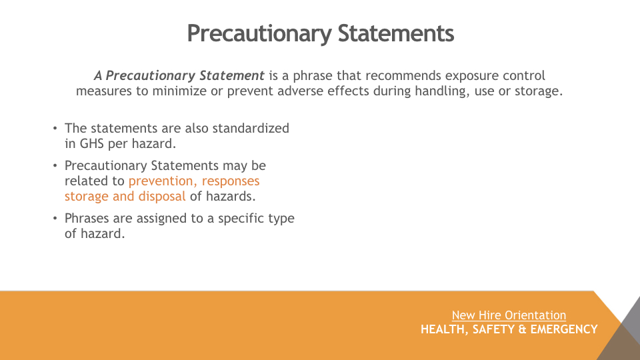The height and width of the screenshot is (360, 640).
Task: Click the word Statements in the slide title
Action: pyautogui.click(x=395, y=33)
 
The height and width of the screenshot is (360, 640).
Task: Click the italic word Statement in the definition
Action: pyautogui.click(x=232, y=75)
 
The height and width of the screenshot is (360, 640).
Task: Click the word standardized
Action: pyautogui.click(x=251, y=128)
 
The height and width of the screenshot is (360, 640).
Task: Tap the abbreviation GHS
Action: pyautogui.click(x=92, y=144)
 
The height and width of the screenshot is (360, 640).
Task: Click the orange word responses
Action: pyautogui.click(x=231, y=181)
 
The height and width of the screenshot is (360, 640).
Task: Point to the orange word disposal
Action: pyautogui.click(x=162, y=196)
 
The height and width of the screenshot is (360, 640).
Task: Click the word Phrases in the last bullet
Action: pyautogui.click(x=87, y=219)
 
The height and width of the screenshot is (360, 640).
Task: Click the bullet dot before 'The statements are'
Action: pyautogui.click(x=55, y=129)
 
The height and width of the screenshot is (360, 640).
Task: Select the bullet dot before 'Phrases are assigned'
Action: pyautogui.click(x=55, y=219)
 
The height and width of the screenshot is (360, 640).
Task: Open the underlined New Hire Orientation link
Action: pyautogui.click(x=509, y=315)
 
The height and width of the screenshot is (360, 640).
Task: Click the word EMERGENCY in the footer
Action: pyautogui.click(x=564, y=329)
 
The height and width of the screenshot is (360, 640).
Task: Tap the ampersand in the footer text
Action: pyautogui.click(x=522, y=329)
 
